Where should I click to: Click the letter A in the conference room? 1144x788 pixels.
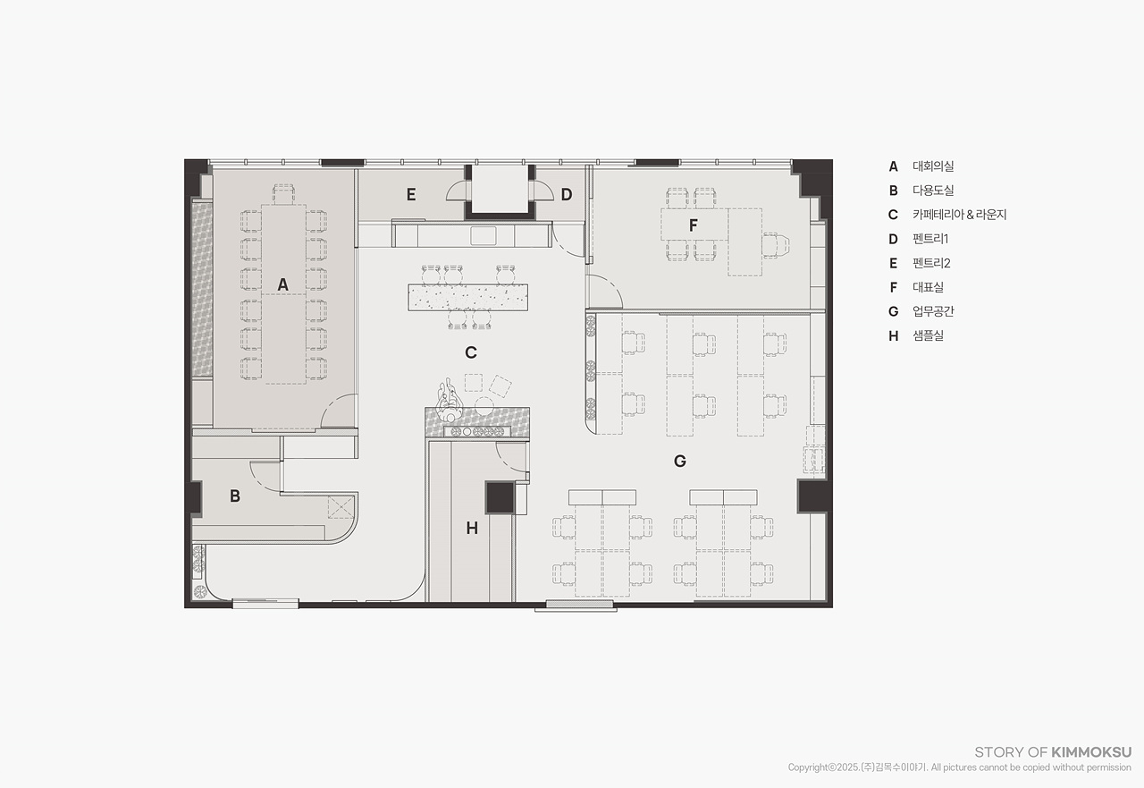tap(282, 284)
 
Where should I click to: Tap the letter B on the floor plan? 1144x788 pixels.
tap(235, 496)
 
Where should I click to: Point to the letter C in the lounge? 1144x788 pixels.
tap(471, 352)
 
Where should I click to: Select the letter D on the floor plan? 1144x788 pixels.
tap(567, 195)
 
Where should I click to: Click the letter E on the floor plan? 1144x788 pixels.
tap(411, 195)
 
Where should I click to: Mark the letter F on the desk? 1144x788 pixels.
tap(693, 225)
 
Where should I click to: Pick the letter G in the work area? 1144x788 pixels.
tap(680, 462)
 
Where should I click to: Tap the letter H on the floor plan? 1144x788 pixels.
tap(472, 529)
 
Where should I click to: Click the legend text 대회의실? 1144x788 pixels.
tap(933, 166)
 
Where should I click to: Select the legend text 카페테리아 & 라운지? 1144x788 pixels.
tap(960, 215)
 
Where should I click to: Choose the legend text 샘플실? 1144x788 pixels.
tap(928, 335)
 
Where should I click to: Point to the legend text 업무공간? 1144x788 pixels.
tap(933, 311)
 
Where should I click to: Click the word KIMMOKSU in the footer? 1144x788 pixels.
tap(1091, 752)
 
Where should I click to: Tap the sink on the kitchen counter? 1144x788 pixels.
tap(484, 235)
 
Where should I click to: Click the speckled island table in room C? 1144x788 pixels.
tap(467, 297)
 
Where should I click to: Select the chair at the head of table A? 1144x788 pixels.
tap(284, 194)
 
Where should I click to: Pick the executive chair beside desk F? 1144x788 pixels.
tap(776, 245)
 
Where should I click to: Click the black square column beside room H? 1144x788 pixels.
tap(500, 497)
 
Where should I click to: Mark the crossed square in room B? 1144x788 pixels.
tap(341, 507)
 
